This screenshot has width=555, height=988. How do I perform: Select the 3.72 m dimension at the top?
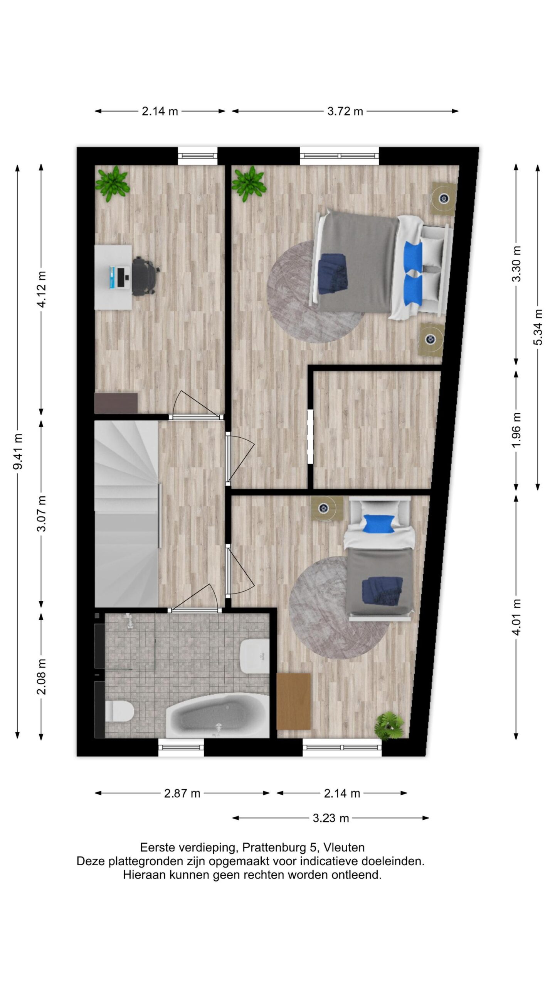tap(345, 111)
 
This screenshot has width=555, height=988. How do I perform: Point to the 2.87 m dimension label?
tap(182, 793)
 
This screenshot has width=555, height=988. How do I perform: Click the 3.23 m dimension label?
tap(331, 818)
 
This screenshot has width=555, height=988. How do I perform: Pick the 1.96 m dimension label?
tap(516, 429)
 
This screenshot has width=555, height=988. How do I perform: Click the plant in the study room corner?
tap(112, 183)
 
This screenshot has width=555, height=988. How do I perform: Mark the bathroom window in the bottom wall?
tap(181, 748)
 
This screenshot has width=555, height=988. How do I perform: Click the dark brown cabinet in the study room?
tap(116, 403)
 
